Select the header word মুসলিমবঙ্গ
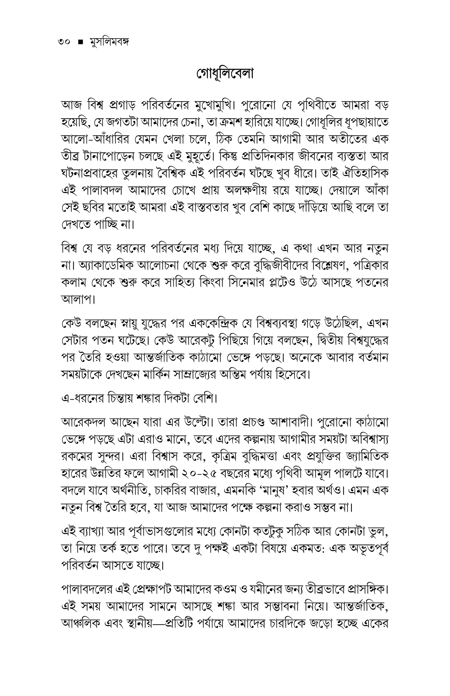coord(108,43)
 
